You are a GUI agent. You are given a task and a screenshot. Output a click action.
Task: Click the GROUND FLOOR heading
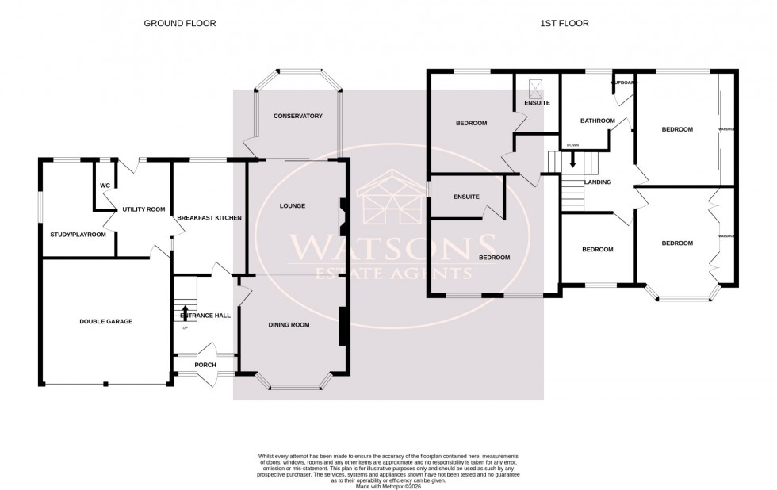[179, 23]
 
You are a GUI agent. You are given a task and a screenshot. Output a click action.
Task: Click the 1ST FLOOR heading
[564, 23]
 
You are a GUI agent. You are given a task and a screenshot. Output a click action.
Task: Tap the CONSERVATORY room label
[297, 116]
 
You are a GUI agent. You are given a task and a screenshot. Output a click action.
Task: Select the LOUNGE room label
[293, 206]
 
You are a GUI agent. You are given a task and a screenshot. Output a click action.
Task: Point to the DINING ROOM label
[289, 324]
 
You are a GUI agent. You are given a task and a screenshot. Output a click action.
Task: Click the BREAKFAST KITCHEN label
[209, 217]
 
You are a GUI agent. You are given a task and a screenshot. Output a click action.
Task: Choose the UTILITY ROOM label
[144, 209]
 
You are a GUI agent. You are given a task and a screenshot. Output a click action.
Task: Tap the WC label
[104, 186]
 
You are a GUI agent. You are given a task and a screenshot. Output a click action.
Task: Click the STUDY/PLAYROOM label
[73, 234]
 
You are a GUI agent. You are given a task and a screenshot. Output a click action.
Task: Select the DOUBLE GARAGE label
[105, 321]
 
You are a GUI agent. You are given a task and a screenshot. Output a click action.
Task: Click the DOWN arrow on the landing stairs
[572, 159]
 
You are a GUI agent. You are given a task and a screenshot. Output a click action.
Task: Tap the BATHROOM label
[597, 121]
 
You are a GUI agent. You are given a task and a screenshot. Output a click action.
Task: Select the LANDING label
[597, 182]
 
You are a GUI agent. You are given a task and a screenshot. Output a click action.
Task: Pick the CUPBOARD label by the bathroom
[623, 82]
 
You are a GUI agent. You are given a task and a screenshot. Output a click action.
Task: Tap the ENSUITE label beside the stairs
[467, 197]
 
